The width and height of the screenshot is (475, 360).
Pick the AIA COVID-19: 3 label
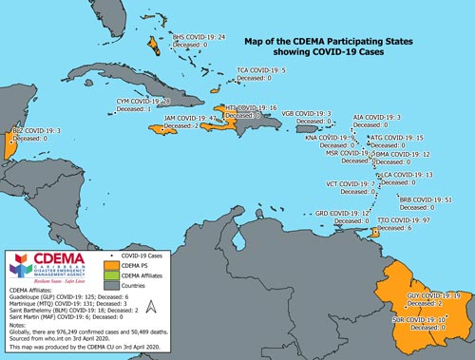pos(376,117)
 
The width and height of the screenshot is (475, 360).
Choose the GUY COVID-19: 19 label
pos(433,296)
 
